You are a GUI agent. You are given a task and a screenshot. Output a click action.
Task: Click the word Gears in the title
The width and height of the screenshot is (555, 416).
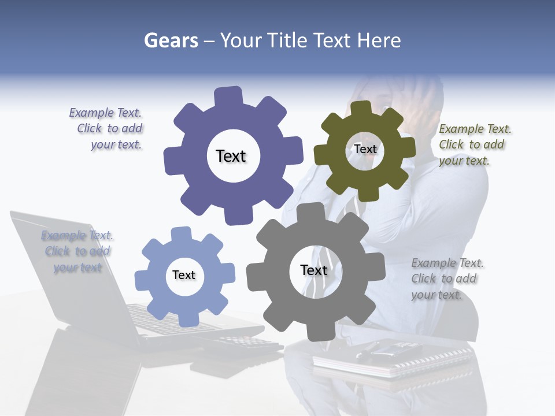pyautogui.click(x=171, y=41)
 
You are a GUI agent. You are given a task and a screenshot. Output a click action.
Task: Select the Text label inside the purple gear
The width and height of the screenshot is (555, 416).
pyautogui.click(x=231, y=156)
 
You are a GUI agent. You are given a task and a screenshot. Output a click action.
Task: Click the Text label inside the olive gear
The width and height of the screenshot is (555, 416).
pyautogui.click(x=365, y=149)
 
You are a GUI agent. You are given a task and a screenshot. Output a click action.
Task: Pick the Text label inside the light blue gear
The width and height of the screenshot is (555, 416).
pyautogui.click(x=184, y=275)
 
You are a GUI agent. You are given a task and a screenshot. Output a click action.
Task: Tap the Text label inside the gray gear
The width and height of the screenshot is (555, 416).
pyautogui.click(x=314, y=270)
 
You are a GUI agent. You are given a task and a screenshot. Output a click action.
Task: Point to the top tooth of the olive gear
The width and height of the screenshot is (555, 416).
pyautogui.click(x=361, y=107)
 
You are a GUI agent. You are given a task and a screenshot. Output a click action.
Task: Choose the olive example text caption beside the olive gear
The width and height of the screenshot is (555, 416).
pyautogui.click(x=474, y=144)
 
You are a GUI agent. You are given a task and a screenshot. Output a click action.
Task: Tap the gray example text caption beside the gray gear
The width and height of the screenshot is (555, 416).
pyautogui.click(x=446, y=278)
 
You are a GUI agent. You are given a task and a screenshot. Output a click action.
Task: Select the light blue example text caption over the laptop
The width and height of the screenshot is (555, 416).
pyautogui.click(x=77, y=251)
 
